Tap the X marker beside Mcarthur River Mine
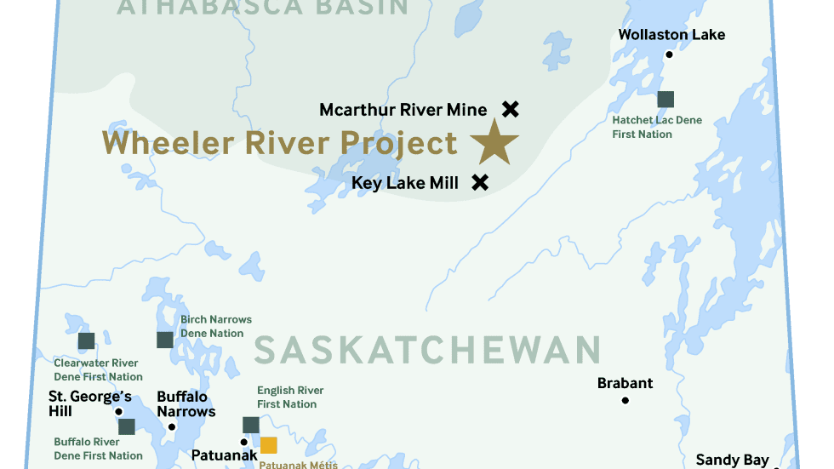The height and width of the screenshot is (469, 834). pyautogui.click(x=510, y=109)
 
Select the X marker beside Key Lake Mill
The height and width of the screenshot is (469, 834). pyautogui.click(x=480, y=181)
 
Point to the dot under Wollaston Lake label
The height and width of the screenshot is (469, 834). pyautogui.click(x=669, y=54)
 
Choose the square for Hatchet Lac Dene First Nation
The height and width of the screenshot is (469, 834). pyautogui.click(x=665, y=99)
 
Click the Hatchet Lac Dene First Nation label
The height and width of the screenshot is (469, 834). pyautogui.click(x=657, y=127)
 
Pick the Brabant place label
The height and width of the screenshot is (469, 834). pyautogui.click(x=625, y=383)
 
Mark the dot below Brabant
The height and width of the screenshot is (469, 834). pyautogui.click(x=625, y=401)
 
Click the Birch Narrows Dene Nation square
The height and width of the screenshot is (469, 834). pyautogui.click(x=165, y=340)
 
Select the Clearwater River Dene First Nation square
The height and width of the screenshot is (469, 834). pyautogui.click(x=86, y=341)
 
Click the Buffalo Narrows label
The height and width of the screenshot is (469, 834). pyautogui.click(x=186, y=403)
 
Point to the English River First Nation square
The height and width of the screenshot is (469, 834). pyautogui.click(x=251, y=425)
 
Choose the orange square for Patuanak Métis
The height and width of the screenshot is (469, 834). pyautogui.click(x=269, y=444)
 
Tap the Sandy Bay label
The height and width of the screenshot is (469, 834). pyautogui.click(x=732, y=460)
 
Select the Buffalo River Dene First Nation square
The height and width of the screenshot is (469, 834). pyautogui.click(x=127, y=426)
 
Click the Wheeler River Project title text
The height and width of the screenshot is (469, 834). pyautogui.click(x=280, y=143)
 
